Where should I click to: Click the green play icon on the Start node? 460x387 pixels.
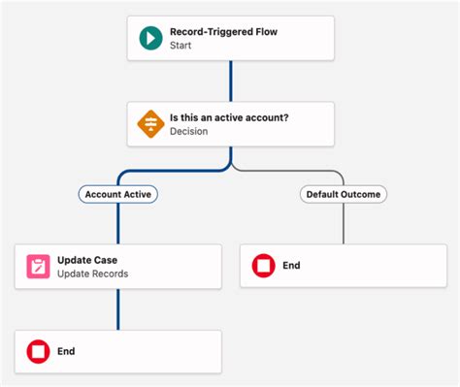[149, 38]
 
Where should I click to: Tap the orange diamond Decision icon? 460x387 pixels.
[149, 125]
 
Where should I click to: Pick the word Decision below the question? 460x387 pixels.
[189, 132]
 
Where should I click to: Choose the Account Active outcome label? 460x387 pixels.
[117, 194]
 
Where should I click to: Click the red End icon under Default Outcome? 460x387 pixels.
[262, 265]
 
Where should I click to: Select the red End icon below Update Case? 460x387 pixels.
[38, 351]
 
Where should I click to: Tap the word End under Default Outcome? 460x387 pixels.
[290, 265]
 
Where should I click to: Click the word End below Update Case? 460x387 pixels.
[66, 351]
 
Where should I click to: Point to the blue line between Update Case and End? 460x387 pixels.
[118, 309]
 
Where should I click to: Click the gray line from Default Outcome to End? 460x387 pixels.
[343, 222]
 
